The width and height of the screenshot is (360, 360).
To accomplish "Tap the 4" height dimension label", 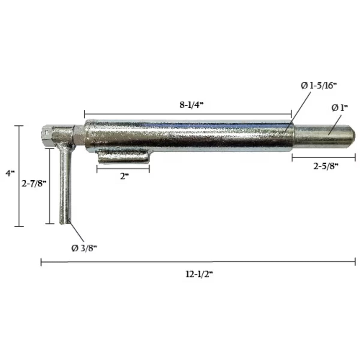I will click(x=11, y=173).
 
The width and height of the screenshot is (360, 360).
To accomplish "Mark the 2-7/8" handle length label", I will click(x=34, y=184).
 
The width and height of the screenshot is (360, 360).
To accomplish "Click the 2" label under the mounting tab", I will click(x=123, y=176).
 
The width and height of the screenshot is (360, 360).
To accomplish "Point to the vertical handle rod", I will click(x=64, y=186).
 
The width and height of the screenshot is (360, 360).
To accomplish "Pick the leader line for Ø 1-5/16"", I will click(x=297, y=111).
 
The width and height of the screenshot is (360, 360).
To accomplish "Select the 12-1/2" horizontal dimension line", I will click(x=198, y=262).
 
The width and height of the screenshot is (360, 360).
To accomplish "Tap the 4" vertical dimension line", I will click(x=19, y=175).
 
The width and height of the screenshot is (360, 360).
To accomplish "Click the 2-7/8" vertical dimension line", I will click(x=49, y=186).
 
